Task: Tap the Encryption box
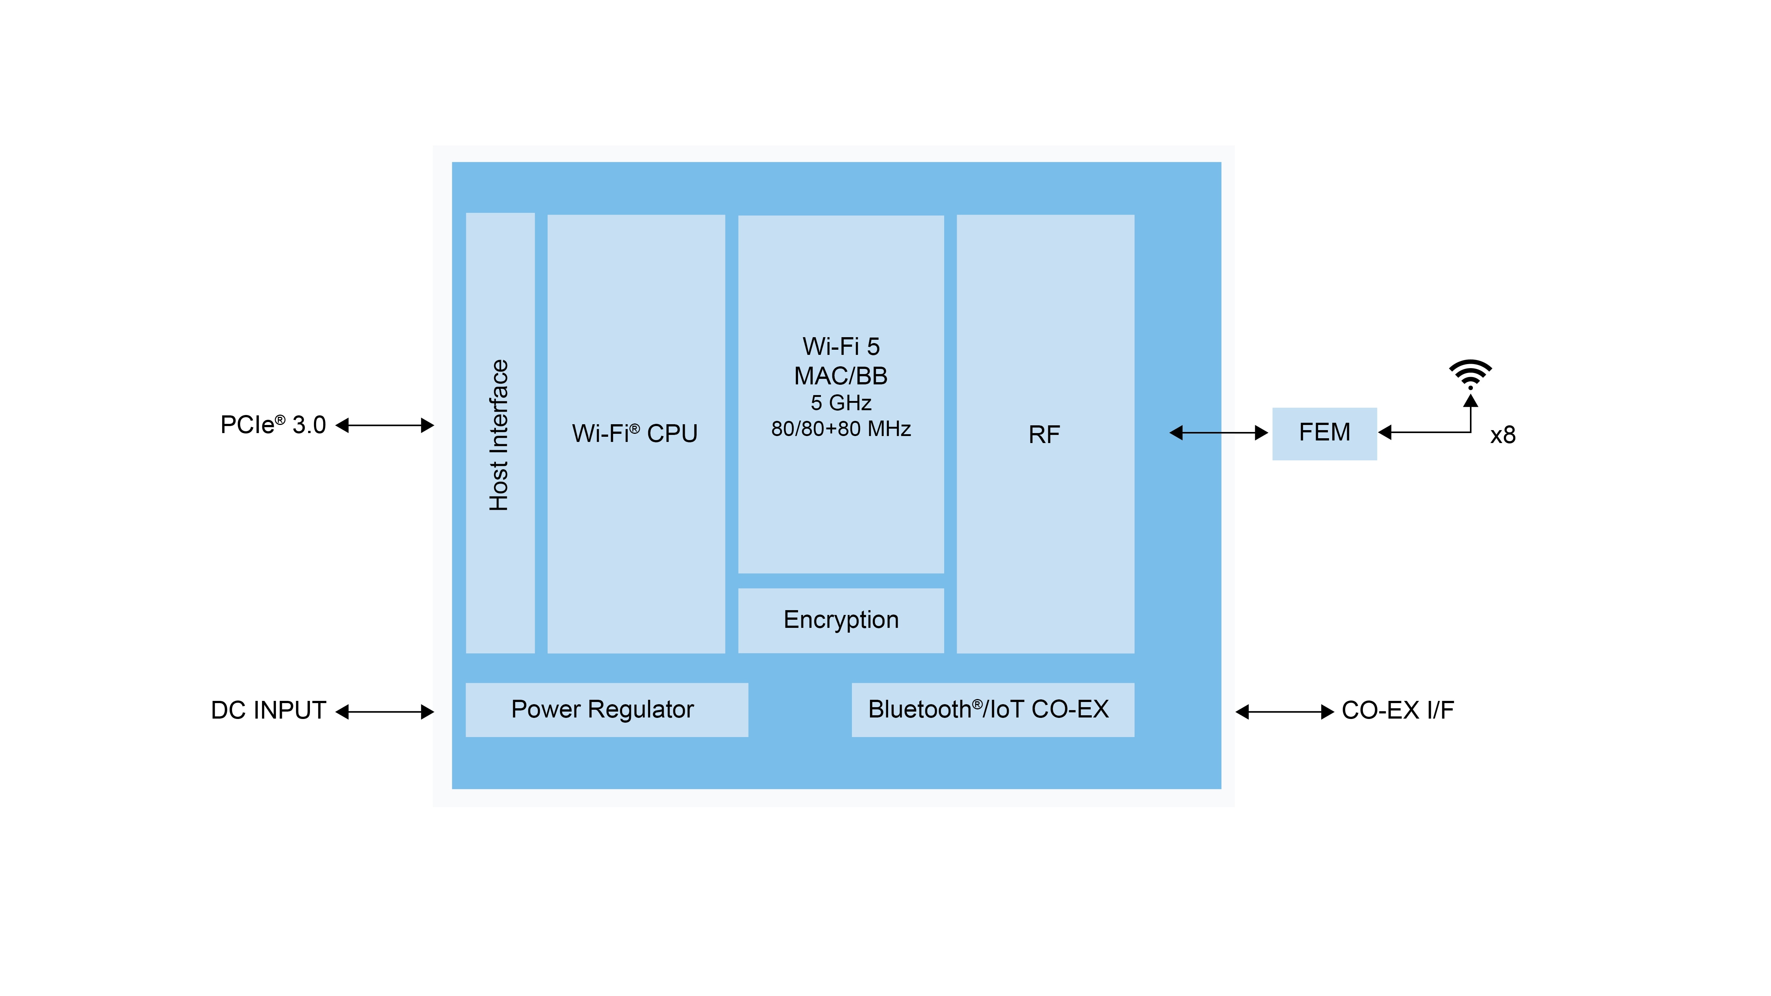coord(841,620)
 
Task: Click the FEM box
coord(1324,433)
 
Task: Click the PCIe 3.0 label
coord(273,425)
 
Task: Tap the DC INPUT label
coord(268,710)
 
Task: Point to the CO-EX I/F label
coord(1398,710)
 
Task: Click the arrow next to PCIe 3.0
coord(385,425)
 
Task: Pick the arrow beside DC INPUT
coord(385,712)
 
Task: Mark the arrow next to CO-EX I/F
coord(1284,712)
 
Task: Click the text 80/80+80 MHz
coord(841,429)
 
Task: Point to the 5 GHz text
coord(841,403)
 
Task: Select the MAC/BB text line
coord(841,376)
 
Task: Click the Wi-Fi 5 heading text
coord(841,346)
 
